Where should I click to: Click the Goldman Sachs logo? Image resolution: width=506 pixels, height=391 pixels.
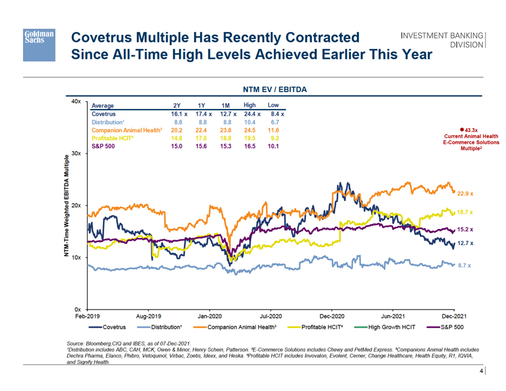40,44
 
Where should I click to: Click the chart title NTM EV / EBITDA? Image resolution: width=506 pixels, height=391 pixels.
275,89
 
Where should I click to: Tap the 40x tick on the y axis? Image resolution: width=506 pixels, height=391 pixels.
76,102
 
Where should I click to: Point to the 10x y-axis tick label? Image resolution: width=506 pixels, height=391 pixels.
76,257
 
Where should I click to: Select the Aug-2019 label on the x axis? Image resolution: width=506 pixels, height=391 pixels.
149,316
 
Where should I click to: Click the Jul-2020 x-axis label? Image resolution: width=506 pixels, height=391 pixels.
270,316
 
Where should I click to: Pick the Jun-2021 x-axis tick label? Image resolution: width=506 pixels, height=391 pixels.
393,316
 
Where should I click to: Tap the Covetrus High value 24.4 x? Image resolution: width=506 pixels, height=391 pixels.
251,113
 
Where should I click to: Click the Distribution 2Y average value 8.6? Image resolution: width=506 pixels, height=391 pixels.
178,122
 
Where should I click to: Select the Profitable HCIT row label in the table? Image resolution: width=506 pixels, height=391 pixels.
112,138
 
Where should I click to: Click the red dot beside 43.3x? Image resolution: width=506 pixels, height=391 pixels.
461,129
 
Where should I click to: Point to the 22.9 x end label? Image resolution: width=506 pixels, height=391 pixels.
466,194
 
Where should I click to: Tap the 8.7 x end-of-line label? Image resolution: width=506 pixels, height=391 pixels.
464,265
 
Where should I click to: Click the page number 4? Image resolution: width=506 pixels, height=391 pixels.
480,372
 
